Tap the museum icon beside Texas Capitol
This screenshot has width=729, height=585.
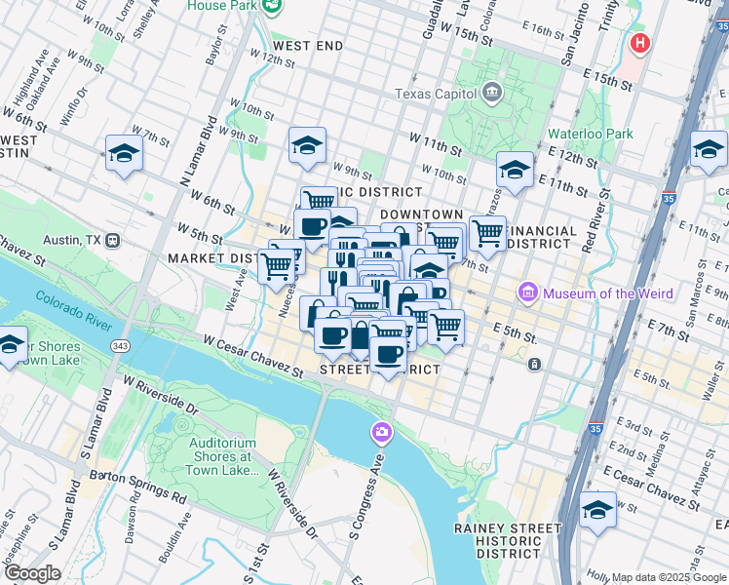tap(492, 94)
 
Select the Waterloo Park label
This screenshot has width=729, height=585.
tap(590, 134)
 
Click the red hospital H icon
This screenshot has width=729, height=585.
tap(640, 43)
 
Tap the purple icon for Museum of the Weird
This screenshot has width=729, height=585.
tap(529, 292)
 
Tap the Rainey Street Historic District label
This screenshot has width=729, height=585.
tap(508, 540)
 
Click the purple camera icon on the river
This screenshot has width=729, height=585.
tap(381, 431)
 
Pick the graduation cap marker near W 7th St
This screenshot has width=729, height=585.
tap(125, 153)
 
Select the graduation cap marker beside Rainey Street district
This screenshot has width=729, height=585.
tap(597, 510)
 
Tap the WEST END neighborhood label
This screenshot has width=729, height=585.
tap(308, 46)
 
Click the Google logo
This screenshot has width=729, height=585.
tap(31, 573)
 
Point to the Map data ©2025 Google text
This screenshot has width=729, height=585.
tap(668, 577)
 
